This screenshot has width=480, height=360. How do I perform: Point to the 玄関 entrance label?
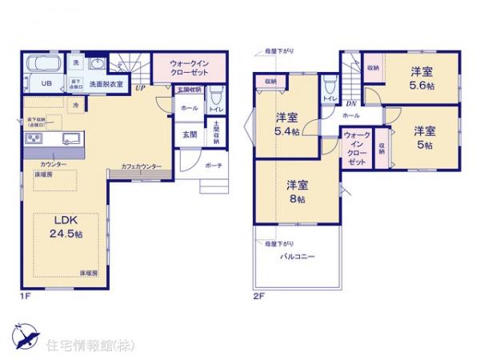(190, 134)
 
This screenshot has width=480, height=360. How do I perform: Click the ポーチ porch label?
(214, 166)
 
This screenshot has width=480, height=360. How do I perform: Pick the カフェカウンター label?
(142, 166)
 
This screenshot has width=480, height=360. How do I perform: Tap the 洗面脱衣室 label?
(104, 83)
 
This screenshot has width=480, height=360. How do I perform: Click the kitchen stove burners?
(34, 138)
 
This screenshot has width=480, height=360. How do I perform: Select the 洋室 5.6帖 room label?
(423, 77)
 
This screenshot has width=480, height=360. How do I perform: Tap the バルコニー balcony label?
(297, 257)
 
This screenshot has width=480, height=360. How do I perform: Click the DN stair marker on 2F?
(350, 103)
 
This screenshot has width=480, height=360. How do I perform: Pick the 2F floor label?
(259, 296)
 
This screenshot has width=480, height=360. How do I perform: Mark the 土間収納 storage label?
(217, 132)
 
